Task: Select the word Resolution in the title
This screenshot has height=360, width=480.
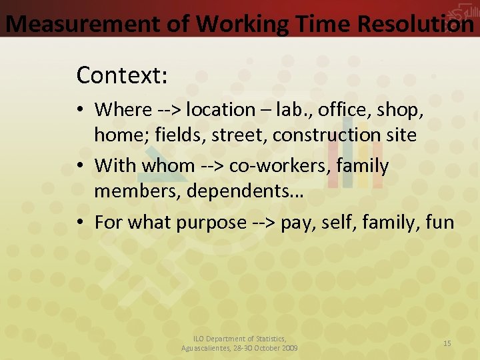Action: pos(415,23)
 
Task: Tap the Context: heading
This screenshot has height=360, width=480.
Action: pos(122,75)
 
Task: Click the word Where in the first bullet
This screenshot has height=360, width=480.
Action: pos(123,109)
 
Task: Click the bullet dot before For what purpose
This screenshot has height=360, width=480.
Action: pos(81,222)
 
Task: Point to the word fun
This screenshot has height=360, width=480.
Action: pos(439,222)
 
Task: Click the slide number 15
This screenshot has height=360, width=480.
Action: pos(447,343)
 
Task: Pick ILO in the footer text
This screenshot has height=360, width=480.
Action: pos(201,339)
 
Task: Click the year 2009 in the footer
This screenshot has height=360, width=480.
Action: pos(289,348)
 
